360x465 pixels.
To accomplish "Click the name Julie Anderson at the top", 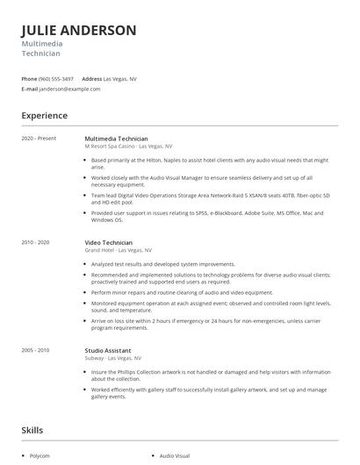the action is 79,31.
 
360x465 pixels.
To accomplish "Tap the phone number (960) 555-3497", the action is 56,78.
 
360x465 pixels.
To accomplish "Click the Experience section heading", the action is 45,115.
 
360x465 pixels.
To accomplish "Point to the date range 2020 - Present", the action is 39,139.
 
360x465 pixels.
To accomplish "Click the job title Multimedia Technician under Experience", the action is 116,139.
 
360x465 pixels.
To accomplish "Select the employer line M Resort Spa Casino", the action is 128,147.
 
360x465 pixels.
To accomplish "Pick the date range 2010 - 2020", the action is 36,242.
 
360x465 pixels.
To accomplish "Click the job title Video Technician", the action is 108,242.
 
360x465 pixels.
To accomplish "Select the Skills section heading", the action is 33,430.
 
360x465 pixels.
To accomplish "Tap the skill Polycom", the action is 40,456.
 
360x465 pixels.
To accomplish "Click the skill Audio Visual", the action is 174,456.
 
